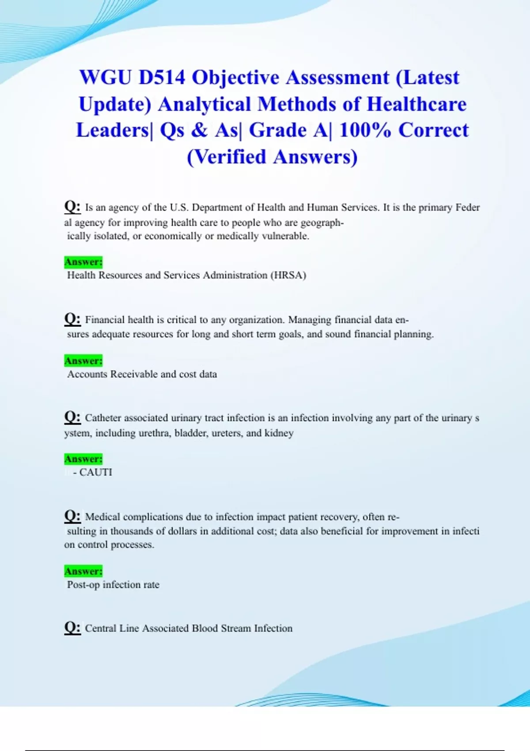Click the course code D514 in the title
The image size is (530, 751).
tap(162, 78)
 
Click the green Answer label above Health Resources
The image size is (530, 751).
tap(83, 262)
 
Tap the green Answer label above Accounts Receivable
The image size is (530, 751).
tap(83, 361)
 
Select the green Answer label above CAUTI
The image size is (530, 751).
tap(83, 459)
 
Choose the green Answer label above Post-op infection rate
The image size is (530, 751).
tap(83, 571)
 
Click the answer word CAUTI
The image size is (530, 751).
tap(96, 472)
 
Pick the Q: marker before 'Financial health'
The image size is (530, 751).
tap(72, 319)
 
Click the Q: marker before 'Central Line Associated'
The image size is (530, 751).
tap(72, 627)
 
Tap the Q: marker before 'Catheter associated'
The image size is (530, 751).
tap(72, 417)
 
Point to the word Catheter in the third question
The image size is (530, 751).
tap(103, 418)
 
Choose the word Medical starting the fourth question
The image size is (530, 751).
tap(103, 517)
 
